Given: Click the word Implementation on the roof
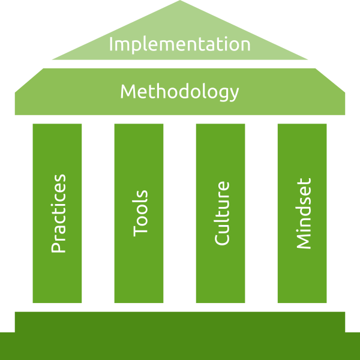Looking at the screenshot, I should (x=179, y=44).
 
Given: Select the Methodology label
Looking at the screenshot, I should (x=179, y=92).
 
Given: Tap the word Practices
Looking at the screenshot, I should (x=58, y=214).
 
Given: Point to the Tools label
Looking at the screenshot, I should (x=140, y=213).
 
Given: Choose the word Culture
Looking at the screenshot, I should (x=221, y=213).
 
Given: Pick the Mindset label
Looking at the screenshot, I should (x=303, y=213).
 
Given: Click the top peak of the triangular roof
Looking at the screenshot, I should (x=180, y=2).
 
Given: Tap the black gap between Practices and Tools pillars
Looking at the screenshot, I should (x=98, y=213).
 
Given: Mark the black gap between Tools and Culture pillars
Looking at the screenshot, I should (x=179, y=213).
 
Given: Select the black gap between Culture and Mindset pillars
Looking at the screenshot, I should (x=261, y=213).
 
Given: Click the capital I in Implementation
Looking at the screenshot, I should (x=112, y=44).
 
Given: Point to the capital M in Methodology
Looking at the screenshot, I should (x=128, y=92).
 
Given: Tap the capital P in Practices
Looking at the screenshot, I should (x=58, y=245).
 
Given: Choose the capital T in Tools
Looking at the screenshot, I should (x=140, y=230).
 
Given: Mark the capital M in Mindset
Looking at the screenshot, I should (x=303, y=241).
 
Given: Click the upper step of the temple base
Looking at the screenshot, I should (x=180, y=321).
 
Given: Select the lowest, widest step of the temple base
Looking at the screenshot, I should (x=180, y=346).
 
